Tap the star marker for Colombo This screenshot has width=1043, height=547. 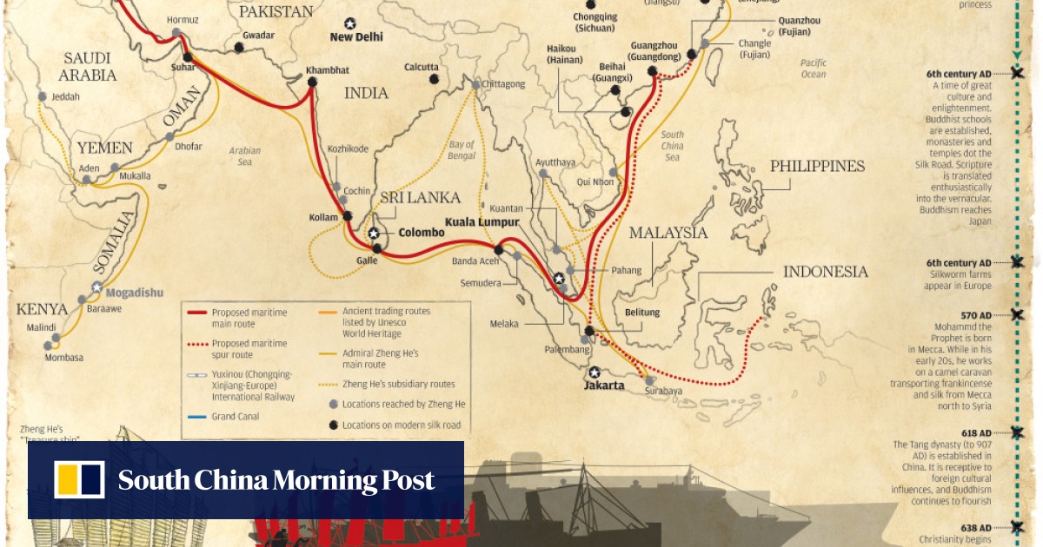(x=374, y=234)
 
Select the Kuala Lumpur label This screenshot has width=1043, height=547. (x=482, y=222)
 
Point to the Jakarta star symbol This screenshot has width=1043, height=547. (x=595, y=372)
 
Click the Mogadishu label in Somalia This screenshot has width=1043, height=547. (x=130, y=293)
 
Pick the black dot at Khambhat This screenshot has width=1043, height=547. (x=312, y=82)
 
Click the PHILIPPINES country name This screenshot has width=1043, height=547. (x=817, y=166)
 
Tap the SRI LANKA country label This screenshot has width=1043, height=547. (x=420, y=198)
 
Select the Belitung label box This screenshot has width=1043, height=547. (x=641, y=313)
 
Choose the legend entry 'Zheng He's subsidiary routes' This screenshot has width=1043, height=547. (x=398, y=384)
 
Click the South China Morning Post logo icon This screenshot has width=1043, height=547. (x=79, y=480)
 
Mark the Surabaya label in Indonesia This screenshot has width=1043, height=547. (x=663, y=392)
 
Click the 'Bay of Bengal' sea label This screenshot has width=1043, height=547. (x=462, y=150)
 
